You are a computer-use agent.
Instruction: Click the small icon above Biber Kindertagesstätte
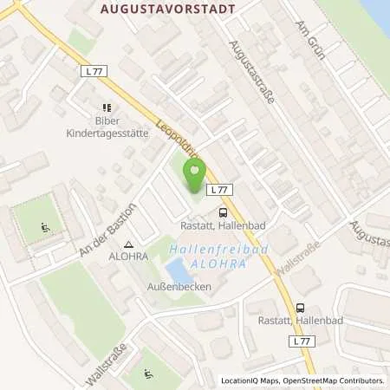pyautogui.click(x=106, y=107)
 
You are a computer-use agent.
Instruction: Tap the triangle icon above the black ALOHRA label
pyautogui.click(x=129, y=245)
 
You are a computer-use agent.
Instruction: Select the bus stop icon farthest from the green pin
pyautogui.click(x=300, y=307)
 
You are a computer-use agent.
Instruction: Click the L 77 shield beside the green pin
pyautogui.click(x=220, y=189)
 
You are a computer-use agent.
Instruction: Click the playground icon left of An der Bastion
pyautogui.click(x=44, y=229)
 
